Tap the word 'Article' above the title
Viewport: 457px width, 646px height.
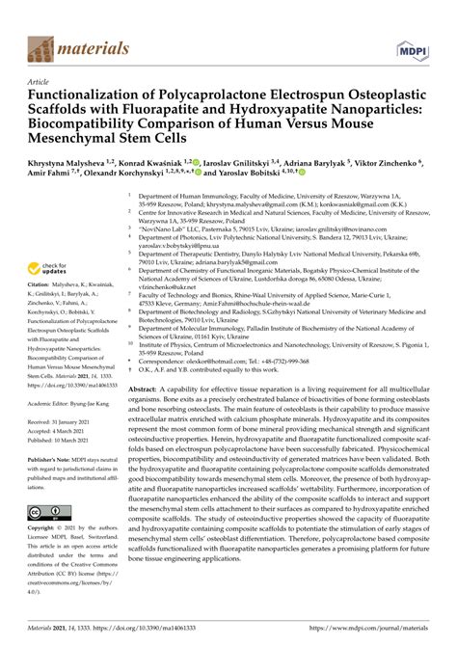(40, 83)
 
